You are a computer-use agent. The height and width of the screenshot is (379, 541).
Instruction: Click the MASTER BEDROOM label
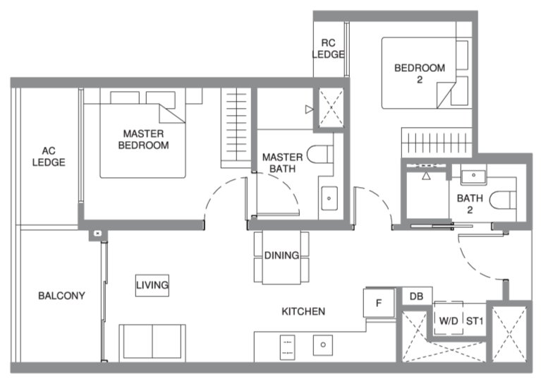[x=143, y=139]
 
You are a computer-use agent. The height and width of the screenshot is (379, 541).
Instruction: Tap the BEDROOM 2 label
[x=419, y=73]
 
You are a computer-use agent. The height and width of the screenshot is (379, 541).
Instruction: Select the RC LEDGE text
[x=328, y=48]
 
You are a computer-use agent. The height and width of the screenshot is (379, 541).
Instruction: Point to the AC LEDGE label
[x=48, y=156]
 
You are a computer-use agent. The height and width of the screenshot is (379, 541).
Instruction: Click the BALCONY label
[x=61, y=296]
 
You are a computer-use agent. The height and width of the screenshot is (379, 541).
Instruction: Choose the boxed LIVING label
[x=152, y=285]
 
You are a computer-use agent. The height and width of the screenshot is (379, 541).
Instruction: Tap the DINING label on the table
[x=281, y=255]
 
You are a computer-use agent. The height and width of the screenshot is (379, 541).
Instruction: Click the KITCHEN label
[x=303, y=311]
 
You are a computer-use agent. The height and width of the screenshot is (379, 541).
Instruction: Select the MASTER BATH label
[x=282, y=162]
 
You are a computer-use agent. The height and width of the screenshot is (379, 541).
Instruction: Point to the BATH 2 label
[x=470, y=204]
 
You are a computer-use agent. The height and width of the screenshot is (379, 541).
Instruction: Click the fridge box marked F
[x=379, y=303]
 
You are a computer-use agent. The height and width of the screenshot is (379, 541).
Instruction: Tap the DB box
[x=416, y=296]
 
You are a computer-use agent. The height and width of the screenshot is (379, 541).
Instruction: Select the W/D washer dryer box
[x=449, y=320]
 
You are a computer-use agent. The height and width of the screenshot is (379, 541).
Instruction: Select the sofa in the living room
[x=152, y=342]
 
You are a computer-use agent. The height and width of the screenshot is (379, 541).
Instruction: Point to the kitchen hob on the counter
[x=286, y=345]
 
